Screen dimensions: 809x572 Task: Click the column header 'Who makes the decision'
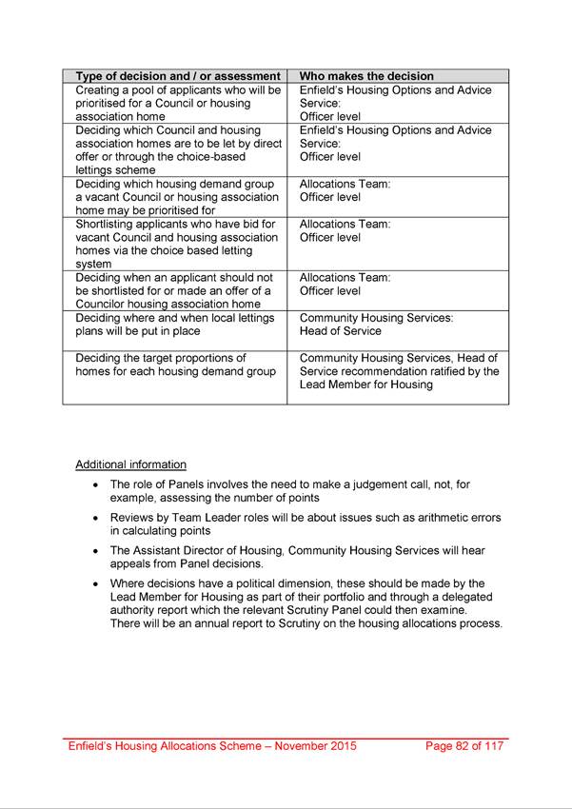click(366, 76)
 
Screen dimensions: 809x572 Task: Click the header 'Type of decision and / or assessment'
click(178, 76)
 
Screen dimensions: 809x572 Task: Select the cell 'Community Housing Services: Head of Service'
click(376, 325)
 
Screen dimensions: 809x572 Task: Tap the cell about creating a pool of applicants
click(178, 103)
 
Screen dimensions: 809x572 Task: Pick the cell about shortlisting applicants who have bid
click(176, 244)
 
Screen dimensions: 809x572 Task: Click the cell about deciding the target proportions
click(176, 365)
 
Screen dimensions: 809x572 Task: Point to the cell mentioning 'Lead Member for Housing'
click(399, 371)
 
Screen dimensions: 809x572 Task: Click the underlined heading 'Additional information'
click(130, 464)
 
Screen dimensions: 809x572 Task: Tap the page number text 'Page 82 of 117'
click(464, 746)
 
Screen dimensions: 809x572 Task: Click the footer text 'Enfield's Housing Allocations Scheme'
click(168, 746)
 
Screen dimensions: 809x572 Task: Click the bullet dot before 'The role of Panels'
click(95, 485)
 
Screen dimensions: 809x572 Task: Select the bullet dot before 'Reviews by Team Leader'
click(95, 519)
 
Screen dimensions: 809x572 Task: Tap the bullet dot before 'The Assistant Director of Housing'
click(95, 551)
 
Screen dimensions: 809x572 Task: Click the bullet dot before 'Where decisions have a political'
click(95, 584)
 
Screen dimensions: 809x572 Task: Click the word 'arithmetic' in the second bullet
click(436, 518)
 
